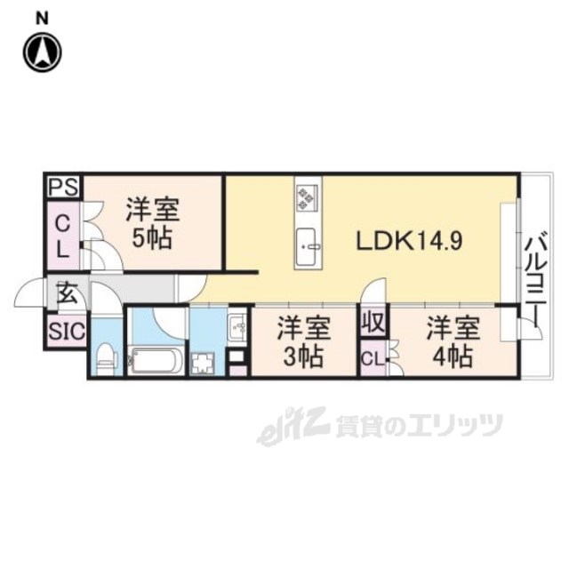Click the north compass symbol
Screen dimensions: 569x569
pyautogui.click(x=43, y=52)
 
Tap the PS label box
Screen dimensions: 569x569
pyautogui.click(x=63, y=188)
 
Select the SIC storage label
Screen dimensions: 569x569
pyautogui.click(x=67, y=331)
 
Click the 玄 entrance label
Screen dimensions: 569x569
pyautogui.click(x=68, y=293)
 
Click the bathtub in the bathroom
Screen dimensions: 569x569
pyautogui.click(x=156, y=361)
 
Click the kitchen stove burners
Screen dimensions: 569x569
pyautogui.click(x=307, y=197)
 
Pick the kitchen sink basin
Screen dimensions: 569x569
pyautogui.click(x=308, y=247)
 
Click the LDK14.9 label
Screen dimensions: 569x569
pyautogui.click(x=410, y=241)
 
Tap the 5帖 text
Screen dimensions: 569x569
pyautogui.click(x=152, y=238)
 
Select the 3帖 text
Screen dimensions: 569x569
pyautogui.click(x=302, y=356)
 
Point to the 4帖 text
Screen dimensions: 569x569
pyautogui.click(x=453, y=356)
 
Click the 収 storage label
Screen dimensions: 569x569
pyautogui.click(x=374, y=322)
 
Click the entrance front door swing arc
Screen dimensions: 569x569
pyautogui.click(x=28, y=288)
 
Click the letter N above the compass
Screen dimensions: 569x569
pyautogui.click(x=42, y=18)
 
